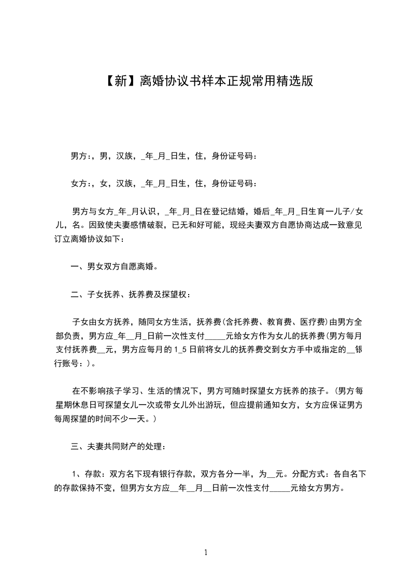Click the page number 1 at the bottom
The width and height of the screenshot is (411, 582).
pos(206,552)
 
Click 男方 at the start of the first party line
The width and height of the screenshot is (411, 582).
pos(78,156)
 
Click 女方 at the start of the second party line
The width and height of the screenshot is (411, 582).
pos(78,184)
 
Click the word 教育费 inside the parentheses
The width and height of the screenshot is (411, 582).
pos(279,323)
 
